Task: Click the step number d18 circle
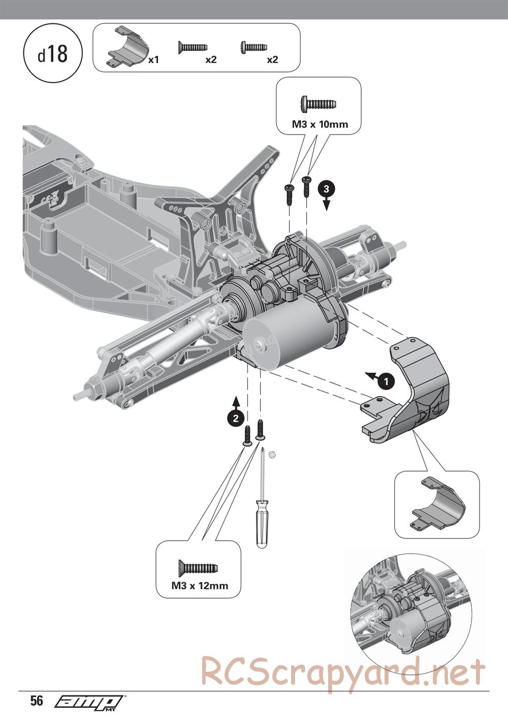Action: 53,54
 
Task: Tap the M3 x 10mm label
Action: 320,124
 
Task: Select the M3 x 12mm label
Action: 200,585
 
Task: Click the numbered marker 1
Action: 387,381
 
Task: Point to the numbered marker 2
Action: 234,418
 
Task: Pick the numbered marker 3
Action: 326,188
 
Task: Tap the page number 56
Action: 37,701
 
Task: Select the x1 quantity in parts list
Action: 153,60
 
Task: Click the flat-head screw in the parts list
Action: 193,48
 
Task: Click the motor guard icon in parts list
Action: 126,47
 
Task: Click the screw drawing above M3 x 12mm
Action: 198,567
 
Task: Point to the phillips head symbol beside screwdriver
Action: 273,455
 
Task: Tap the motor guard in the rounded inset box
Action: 436,504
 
